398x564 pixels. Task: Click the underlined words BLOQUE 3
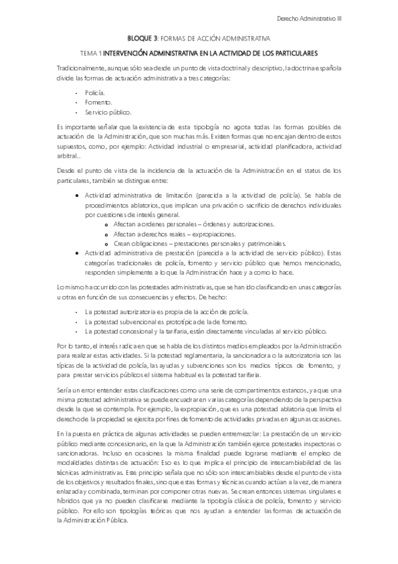[x=142, y=39]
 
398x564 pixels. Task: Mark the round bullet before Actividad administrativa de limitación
[x=78, y=196]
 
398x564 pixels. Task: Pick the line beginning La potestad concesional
[x=199, y=330]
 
